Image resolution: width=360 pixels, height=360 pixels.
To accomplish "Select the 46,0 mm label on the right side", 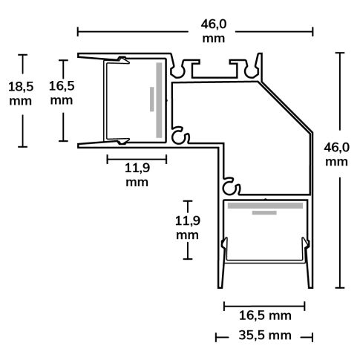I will tap(336, 154).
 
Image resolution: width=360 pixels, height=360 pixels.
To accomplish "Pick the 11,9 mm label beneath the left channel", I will tap(137, 174).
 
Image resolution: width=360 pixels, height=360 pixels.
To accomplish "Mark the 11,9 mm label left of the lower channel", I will tap(187, 227).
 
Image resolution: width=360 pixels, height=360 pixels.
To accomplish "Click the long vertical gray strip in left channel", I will tap(158, 100).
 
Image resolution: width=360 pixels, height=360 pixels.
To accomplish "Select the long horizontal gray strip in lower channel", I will tap(264, 204).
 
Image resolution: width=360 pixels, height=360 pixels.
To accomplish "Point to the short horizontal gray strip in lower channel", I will tap(264, 212).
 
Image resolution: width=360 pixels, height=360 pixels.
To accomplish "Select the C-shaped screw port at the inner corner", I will tap(180, 137).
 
